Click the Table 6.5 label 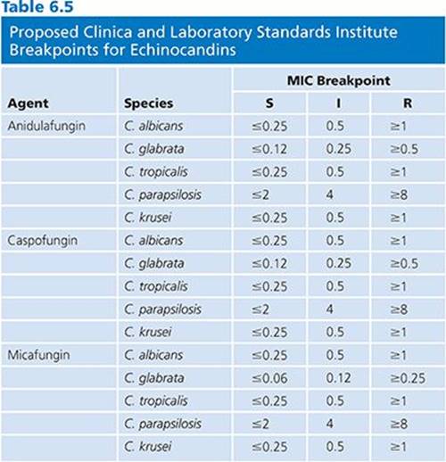[x=37, y=6]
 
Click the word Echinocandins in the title [x=183, y=50]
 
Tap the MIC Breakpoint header [x=338, y=80]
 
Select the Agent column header [x=28, y=103]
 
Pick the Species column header [x=148, y=103]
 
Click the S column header [x=269, y=103]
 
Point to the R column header [x=408, y=103]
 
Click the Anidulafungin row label [x=46, y=126]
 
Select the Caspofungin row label [x=43, y=241]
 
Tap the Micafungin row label [x=38, y=355]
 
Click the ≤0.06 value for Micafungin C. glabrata [x=269, y=378]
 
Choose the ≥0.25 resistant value [x=408, y=378]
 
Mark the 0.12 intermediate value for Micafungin [x=338, y=378]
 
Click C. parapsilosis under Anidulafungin [x=162, y=195]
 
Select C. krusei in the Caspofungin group [x=148, y=332]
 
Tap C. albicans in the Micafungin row [x=153, y=355]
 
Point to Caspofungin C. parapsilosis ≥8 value [x=399, y=309]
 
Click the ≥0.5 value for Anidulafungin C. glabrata [x=404, y=149]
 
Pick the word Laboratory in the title [x=211, y=33]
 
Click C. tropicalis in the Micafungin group [x=156, y=401]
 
